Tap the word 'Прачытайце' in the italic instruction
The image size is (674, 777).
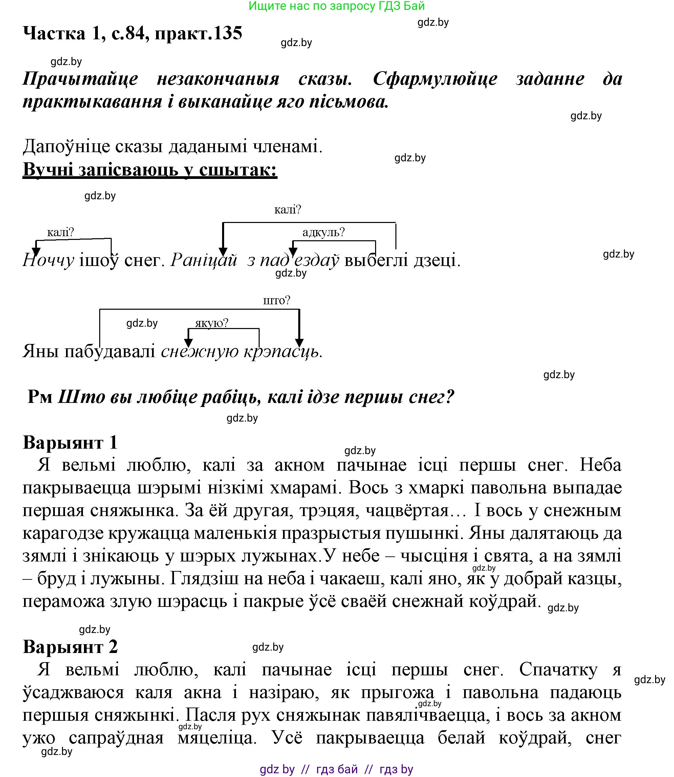tap(80, 79)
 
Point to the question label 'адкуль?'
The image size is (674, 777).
tap(324, 232)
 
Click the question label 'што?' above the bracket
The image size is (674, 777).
tap(277, 301)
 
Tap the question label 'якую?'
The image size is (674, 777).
tap(212, 323)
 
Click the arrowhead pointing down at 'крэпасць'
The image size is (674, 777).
tap(299, 343)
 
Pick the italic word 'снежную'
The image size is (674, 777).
tap(200, 352)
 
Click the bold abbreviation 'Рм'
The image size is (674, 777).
tap(40, 397)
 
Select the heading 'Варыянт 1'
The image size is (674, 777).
tap(70, 442)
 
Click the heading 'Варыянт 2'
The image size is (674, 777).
tap(70, 647)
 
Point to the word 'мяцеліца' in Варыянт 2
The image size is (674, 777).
tap(217, 737)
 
